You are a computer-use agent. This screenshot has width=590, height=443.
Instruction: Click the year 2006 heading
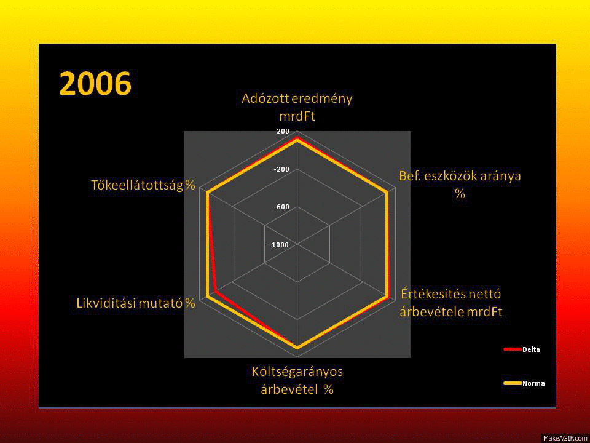tap(96, 84)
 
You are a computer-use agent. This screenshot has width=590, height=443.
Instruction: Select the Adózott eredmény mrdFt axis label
tap(297, 107)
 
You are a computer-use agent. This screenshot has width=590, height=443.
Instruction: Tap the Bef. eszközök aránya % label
tap(460, 185)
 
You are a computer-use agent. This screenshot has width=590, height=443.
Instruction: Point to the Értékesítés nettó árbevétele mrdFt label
tap(451, 303)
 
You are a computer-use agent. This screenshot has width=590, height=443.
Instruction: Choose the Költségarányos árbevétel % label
tap(297, 380)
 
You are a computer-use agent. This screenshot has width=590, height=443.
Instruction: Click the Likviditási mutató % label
tap(136, 303)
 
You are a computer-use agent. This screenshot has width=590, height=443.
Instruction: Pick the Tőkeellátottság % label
tap(143, 185)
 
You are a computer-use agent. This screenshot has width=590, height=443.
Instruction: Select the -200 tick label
tap(282, 169)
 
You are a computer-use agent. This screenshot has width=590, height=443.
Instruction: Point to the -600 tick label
tap(282, 207)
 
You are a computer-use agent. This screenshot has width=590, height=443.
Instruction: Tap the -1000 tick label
tap(279, 245)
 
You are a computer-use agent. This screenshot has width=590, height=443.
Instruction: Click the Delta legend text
tap(531, 349)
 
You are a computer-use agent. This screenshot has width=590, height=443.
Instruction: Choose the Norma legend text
tap(533, 383)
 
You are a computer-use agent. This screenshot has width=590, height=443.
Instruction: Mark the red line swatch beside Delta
tap(513, 349)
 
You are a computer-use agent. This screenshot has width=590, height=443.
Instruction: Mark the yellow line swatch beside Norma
tap(513, 383)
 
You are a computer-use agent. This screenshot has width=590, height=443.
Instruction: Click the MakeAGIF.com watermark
tap(565, 438)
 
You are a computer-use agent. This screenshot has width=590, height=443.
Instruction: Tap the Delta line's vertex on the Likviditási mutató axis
tap(215, 292)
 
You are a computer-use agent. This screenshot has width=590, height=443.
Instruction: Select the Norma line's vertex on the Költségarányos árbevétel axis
tap(297, 348)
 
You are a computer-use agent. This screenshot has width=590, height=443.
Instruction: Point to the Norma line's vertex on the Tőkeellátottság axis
tap(207, 193)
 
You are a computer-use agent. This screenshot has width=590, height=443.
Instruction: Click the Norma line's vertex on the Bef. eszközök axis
tap(387, 193)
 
